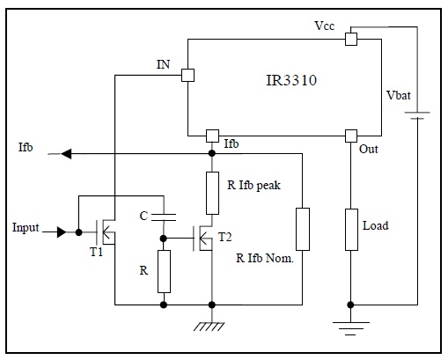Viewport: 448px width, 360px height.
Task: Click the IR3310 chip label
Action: coord(291,80)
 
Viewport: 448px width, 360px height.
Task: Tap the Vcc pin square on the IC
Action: coord(351,39)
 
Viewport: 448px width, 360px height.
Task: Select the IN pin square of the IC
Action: coord(187,75)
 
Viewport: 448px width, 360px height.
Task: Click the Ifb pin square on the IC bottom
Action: coord(212,136)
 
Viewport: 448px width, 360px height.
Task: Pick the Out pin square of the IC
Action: coord(351,136)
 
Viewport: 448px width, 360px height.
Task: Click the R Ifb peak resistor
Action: coord(212,193)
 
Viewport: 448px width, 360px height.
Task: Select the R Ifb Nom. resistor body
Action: coord(303,229)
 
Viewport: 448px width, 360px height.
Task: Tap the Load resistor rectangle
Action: coord(351,230)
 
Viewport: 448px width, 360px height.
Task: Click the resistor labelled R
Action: coord(164,271)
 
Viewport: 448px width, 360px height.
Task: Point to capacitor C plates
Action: coord(164,217)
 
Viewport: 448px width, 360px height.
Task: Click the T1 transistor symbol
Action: coord(105,232)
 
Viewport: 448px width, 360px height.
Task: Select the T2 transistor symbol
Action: coord(202,238)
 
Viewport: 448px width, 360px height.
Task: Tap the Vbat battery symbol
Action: coord(417,115)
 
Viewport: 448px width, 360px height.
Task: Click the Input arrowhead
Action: coord(62,232)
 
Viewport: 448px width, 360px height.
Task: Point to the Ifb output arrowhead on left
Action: coord(66,153)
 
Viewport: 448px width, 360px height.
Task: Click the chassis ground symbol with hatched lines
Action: coord(209,327)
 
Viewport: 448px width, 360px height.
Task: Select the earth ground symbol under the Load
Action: coord(351,328)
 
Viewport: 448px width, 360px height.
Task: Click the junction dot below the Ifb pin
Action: coord(212,153)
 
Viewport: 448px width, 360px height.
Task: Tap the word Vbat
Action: coord(399,95)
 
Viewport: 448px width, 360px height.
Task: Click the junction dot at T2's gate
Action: coord(164,239)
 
